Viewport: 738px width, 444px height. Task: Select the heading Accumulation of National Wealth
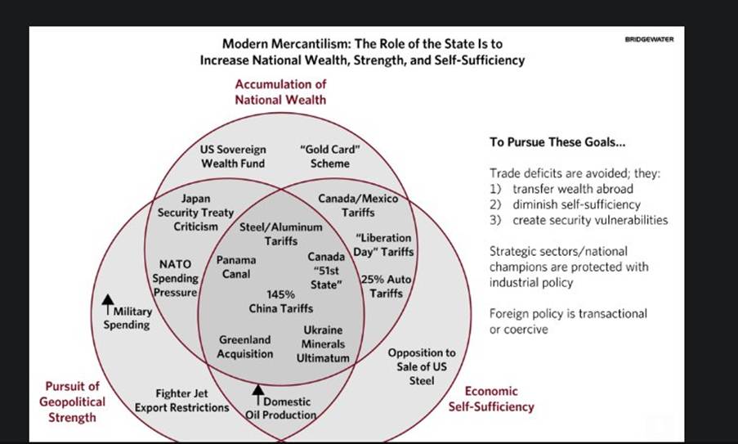[280, 92]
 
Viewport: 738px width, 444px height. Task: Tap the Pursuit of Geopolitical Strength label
[73, 401]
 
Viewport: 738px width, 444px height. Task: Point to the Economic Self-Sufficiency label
[491, 399]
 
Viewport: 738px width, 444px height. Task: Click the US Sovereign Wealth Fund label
[233, 156]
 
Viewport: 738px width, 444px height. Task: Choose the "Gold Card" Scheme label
[330, 156]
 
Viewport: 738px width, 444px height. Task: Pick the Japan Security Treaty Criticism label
[190, 212]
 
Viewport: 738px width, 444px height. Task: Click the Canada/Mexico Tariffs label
[358, 205]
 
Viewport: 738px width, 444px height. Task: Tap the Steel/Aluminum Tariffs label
[281, 233]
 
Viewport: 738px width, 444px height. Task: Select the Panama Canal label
[236, 267]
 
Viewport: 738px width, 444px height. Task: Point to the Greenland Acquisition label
[245, 347]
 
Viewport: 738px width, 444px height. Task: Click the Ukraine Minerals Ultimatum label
[323, 343]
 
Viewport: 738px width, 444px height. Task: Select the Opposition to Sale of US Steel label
[422, 366]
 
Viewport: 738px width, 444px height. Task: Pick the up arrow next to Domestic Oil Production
[259, 390]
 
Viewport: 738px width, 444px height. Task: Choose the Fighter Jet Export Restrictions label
[181, 400]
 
